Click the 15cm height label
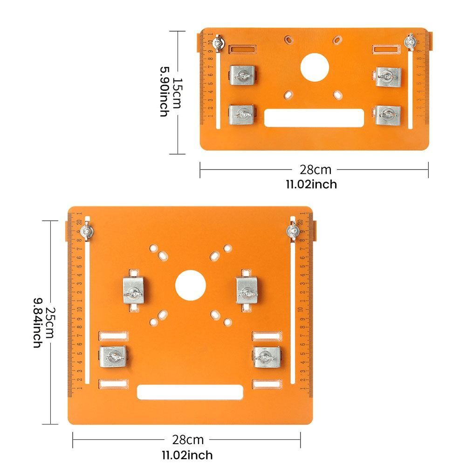click(177, 93)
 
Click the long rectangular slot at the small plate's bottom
click(314, 117)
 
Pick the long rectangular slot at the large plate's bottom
click(190, 392)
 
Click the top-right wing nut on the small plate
click(411, 42)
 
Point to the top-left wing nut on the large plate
click(86, 232)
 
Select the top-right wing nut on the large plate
click(292, 231)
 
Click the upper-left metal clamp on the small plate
click(243, 75)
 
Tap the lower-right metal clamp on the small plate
click(388, 115)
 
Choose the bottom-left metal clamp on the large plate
click(113, 357)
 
